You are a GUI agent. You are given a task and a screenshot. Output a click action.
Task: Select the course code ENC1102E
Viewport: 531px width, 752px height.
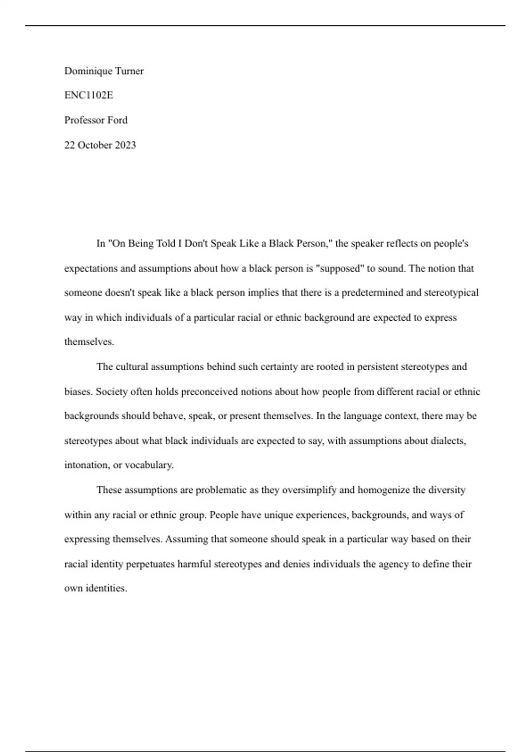[88, 95]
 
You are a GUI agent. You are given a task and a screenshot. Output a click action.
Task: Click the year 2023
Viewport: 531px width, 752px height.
[125, 145]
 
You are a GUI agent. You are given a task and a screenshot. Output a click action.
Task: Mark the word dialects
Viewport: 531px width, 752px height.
[448, 441]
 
